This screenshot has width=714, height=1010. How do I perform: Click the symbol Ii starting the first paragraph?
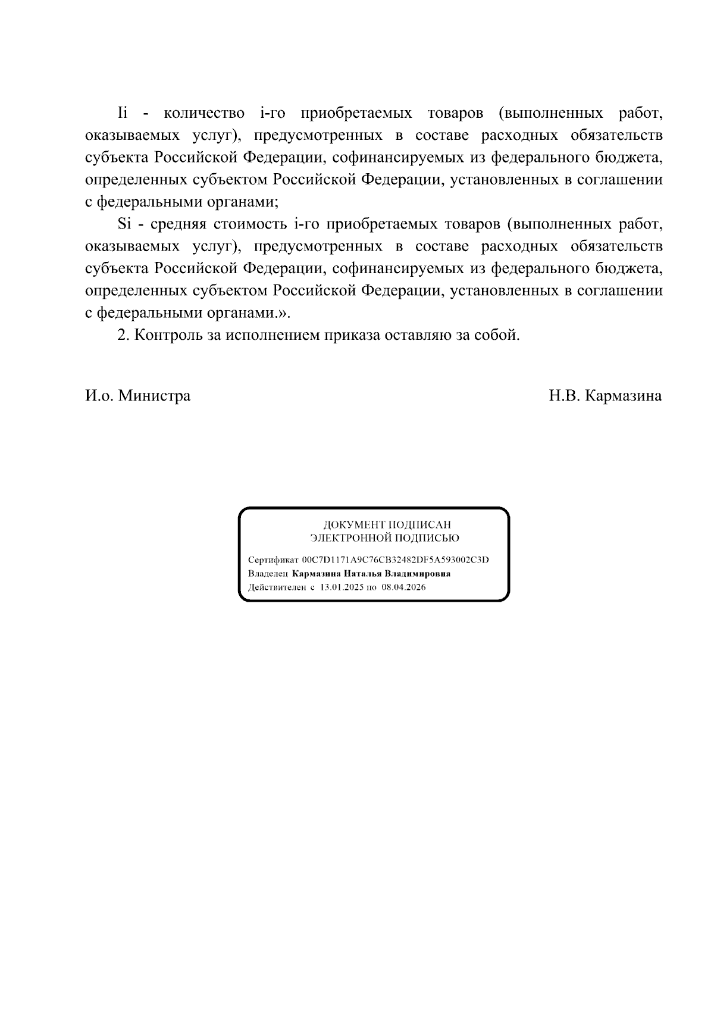(123, 113)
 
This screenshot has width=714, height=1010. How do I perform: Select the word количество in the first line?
(203, 113)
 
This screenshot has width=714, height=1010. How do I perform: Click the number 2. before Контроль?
(123, 335)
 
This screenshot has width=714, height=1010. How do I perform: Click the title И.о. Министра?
(137, 396)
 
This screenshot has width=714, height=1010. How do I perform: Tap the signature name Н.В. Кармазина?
(605, 396)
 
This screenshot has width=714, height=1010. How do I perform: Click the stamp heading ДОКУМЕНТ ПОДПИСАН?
(387, 525)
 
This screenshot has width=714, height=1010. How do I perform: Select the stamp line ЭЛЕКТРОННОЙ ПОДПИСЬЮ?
(384, 538)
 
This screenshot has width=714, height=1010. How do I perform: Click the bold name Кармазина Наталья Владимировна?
(371, 574)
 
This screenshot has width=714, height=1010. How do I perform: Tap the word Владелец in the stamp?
(268, 574)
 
